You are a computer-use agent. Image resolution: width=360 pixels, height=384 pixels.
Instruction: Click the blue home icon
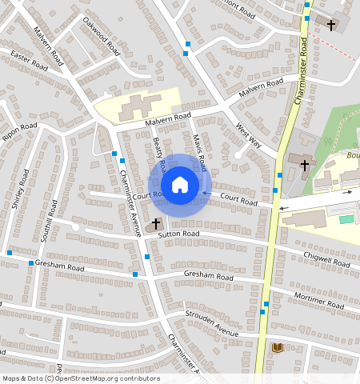(180, 186)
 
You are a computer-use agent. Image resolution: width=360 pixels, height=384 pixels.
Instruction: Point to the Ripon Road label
(19, 132)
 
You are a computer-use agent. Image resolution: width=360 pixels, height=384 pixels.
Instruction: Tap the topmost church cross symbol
(331, 25)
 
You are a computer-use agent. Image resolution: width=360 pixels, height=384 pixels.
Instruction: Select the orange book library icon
(278, 347)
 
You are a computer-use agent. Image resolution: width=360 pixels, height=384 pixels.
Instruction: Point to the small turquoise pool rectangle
(346, 218)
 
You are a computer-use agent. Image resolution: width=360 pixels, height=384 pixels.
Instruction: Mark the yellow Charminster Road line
(271, 240)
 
